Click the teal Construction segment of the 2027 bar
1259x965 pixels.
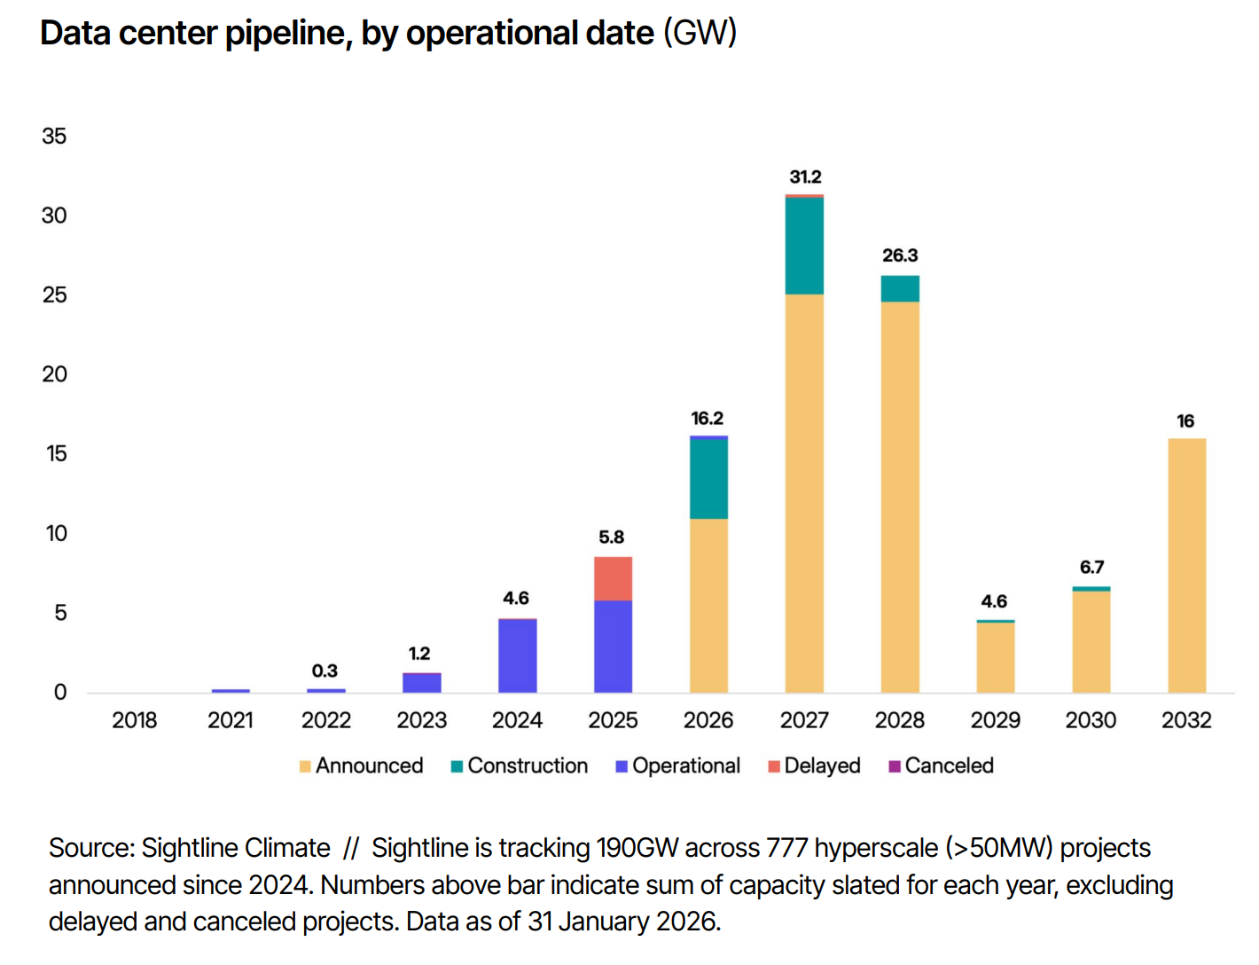pyautogui.click(x=804, y=246)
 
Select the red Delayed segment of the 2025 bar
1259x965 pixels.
pyautogui.click(x=613, y=578)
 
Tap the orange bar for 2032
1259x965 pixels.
pyautogui.click(x=1186, y=565)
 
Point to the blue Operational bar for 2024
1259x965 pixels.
pyautogui.click(x=517, y=655)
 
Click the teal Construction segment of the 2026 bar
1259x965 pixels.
pyautogui.click(x=708, y=479)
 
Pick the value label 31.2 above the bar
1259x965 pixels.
pyautogui.click(x=805, y=177)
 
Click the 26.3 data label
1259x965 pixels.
pyautogui.click(x=900, y=255)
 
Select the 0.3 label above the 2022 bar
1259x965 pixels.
pyautogui.click(x=325, y=671)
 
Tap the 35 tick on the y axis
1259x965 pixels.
pyautogui.click(x=54, y=136)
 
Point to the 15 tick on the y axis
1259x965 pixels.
pyautogui.click(x=56, y=454)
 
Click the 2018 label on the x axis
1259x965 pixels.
pyautogui.click(x=135, y=720)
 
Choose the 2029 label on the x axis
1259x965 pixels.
pyautogui.click(x=995, y=720)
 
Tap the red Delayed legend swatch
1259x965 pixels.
pyautogui.click(x=774, y=766)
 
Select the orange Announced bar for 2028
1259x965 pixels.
pyautogui.click(x=900, y=497)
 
